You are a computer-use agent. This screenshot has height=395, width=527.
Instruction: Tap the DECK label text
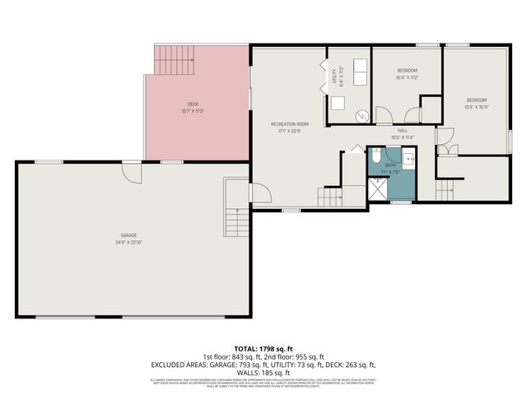[193, 104]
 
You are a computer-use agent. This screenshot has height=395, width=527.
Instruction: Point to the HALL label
[403, 130]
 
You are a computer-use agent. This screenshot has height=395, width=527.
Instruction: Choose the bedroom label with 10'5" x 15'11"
[476, 100]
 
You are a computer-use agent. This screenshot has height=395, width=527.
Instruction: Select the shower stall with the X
[376, 190]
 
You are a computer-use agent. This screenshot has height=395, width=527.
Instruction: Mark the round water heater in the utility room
[361, 116]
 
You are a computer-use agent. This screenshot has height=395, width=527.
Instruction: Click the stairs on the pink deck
[174, 58]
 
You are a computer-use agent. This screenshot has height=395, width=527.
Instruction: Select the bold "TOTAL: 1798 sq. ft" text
[263, 348]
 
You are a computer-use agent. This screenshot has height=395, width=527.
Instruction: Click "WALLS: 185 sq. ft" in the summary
[263, 372]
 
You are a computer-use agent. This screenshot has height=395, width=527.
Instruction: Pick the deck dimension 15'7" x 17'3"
[193, 111]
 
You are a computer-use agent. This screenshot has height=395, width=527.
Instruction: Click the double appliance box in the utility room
[361, 68]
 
